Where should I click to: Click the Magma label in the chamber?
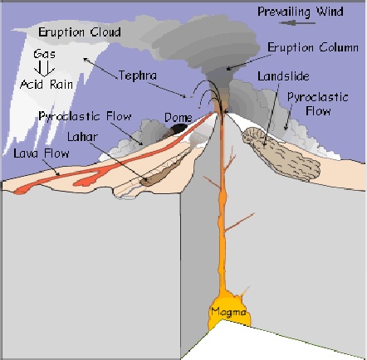[228, 312]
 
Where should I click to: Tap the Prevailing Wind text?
[301, 12]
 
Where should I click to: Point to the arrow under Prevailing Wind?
[297, 23]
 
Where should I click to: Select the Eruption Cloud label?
[80, 32]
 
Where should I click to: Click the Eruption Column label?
[313, 47]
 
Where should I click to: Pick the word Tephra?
[138, 75]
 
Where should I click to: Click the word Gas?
[44, 54]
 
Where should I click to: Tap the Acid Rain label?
[46, 85]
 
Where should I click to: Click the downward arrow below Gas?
[44, 68]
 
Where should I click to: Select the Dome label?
[179, 118]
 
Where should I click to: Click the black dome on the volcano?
[179, 129]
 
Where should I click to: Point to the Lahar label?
[82, 137]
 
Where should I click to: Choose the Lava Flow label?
[42, 153]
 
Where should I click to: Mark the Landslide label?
[283, 76]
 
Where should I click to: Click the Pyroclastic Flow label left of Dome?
[85, 116]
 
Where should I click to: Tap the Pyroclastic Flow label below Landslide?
[318, 105]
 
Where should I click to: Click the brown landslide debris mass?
[281, 153]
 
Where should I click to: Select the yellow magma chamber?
[230, 309]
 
